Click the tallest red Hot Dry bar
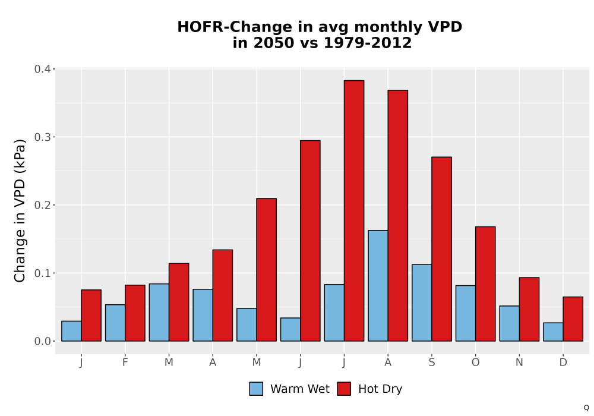click(x=354, y=210)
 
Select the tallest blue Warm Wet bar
click(x=378, y=286)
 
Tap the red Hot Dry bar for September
click(x=441, y=249)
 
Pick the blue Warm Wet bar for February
click(x=115, y=323)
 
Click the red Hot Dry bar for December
click(x=573, y=319)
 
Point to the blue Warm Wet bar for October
click(x=466, y=313)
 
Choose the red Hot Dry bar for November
click(x=529, y=309)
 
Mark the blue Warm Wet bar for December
click(x=553, y=332)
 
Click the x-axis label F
click(x=125, y=363)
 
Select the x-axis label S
click(x=431, y=363)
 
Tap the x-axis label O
click(x=475, y=363)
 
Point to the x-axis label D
click(x=563, y=363)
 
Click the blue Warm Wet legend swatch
click(x=256, y=389)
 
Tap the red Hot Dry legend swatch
click(x=344, y=389)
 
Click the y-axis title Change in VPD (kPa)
click(x=20, y=210)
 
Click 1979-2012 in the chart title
click(x=368, y=43)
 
